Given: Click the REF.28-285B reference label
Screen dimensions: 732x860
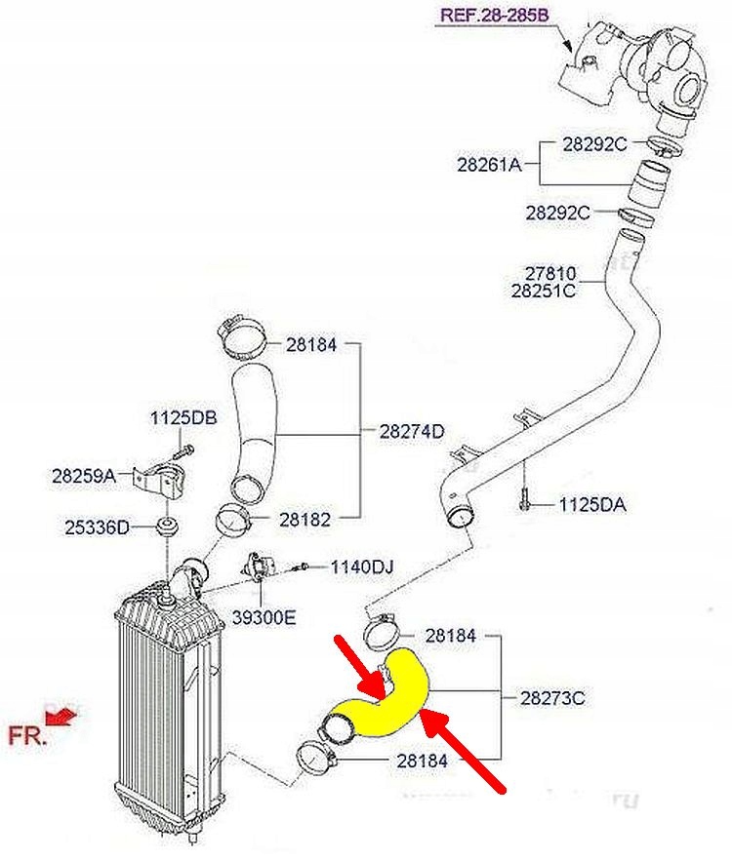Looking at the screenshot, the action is (495, 15).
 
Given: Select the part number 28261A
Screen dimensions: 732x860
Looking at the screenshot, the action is (489, 164).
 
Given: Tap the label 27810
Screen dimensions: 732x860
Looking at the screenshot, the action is (550, 273).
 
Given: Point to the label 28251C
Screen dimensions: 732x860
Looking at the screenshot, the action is (544, 291).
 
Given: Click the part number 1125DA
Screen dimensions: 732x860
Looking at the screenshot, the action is (592, 505).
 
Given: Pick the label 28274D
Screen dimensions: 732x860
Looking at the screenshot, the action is (412, 432).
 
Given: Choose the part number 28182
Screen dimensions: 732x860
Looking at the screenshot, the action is (305, 520).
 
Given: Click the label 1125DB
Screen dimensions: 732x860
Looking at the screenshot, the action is (183, 418).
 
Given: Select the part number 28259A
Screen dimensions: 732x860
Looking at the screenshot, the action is (84, 476).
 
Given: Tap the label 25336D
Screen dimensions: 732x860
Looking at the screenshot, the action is (98, 528).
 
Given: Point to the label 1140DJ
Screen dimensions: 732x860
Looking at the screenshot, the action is (362, 567).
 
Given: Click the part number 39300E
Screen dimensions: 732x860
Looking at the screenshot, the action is (264, 617).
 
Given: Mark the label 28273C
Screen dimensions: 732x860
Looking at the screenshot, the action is (552, 698).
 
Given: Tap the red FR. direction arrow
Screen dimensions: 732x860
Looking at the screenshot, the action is (61, 717).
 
